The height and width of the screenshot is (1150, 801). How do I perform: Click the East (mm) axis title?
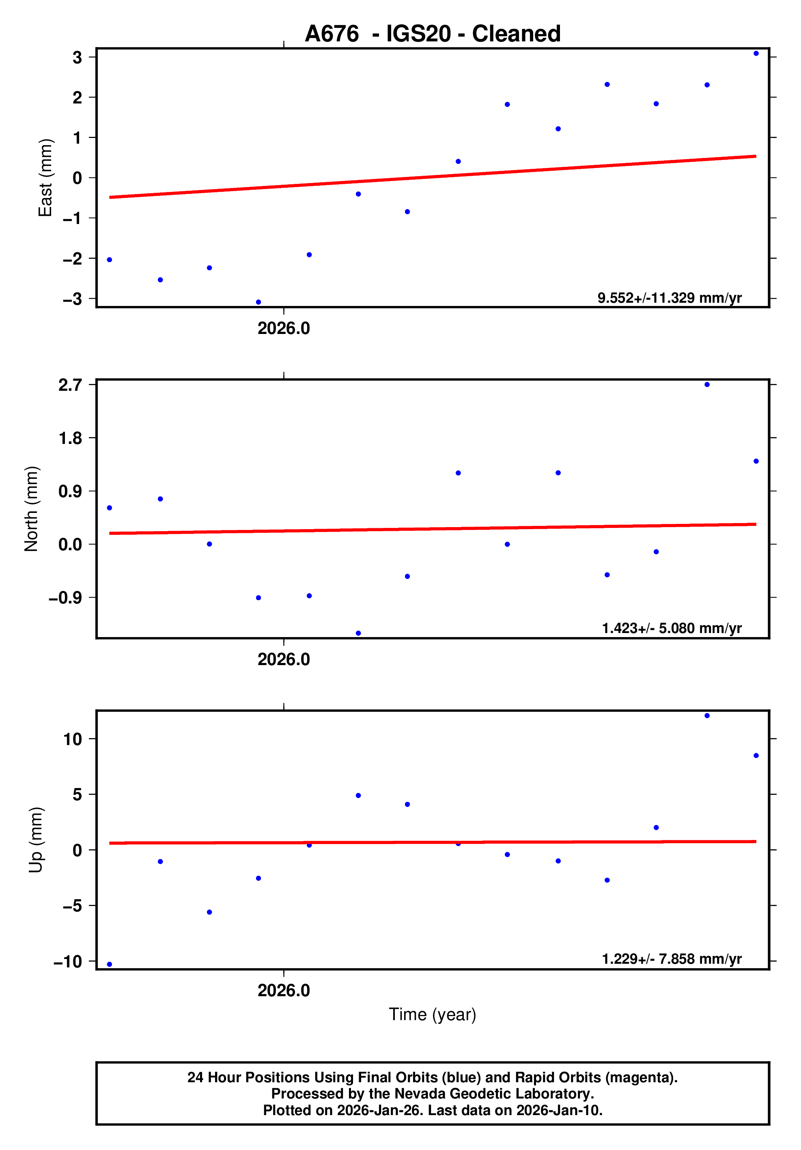(45, 178)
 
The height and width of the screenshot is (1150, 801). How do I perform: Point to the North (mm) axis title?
(31, 509)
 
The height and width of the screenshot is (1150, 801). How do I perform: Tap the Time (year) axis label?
(432, 1014)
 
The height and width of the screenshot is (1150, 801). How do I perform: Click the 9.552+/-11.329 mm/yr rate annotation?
(669, 298)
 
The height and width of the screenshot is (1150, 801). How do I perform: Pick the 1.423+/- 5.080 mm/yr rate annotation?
(671, 628)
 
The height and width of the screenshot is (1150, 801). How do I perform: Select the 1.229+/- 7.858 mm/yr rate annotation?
(671, 958)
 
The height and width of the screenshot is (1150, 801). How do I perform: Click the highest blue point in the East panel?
(756, 54)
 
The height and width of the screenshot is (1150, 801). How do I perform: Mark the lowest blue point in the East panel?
(258, 302)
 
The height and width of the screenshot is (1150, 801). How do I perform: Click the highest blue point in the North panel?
(707, 385)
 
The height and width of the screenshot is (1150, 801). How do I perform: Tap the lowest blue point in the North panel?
(358, 633)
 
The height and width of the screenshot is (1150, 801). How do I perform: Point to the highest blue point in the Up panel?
(707, 716)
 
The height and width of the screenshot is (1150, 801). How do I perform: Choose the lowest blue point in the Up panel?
(110, 964)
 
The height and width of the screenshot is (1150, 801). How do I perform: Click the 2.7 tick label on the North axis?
(70, 385)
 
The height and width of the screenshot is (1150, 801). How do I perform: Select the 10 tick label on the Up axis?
(73, 739)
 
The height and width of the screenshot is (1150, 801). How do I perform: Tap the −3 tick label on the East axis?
(72, 299)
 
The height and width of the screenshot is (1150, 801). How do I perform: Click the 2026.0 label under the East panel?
(284, 329)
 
